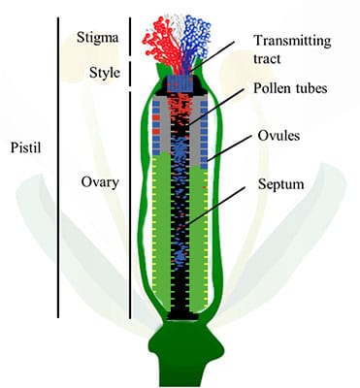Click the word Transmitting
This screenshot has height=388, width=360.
point(292,40)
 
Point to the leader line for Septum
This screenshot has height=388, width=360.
point(221,205)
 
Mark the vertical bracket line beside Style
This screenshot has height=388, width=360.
point(128,73)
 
